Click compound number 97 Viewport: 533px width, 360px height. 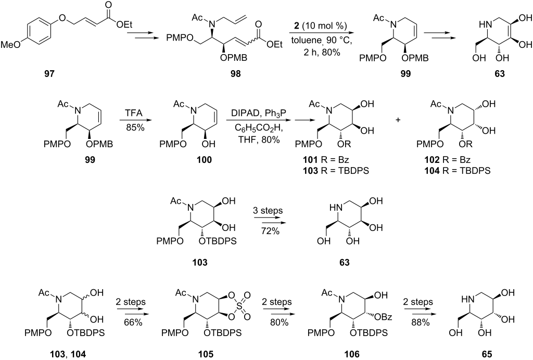click(49, 74)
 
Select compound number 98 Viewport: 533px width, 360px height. click(235, 74)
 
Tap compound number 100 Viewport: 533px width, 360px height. click(204, 160)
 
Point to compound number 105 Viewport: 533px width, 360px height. click(206, 354)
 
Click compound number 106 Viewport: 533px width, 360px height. click(352, 354)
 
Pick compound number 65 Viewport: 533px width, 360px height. click(487, 354)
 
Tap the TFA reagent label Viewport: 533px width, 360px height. click(134, 113)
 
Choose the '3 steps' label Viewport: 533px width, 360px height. click(268, 211)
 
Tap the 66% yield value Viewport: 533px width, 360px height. click(134, 323)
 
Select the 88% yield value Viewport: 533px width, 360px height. click(421, 323)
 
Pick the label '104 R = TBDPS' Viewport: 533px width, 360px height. click(457, 171)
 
